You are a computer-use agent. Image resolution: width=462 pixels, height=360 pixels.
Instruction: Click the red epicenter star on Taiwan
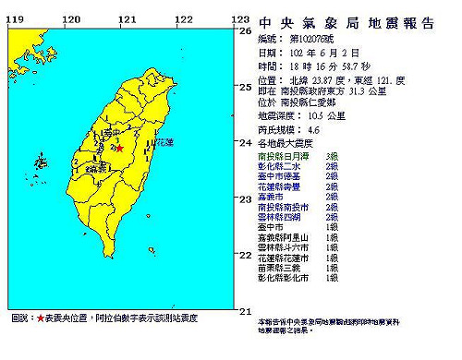(121, 145)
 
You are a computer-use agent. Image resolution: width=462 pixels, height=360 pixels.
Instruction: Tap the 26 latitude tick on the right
(245, 30)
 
